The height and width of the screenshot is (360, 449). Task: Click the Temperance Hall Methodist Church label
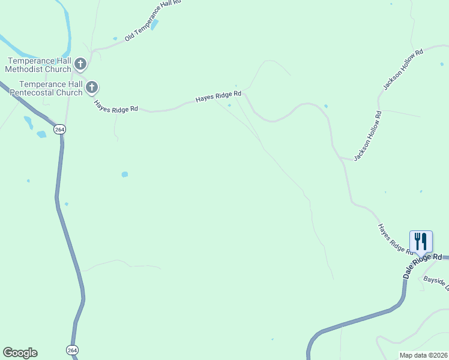[x=38, y=65]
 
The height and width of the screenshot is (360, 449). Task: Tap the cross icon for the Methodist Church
[x=80, y=64]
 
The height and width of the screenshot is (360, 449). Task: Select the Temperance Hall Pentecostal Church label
[x=50, y=89]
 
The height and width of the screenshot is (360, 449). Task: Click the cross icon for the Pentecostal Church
[x=92, y=88]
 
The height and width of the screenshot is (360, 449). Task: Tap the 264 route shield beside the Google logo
[x=72, y=350]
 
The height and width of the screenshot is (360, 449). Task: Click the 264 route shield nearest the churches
[x=59, y=130]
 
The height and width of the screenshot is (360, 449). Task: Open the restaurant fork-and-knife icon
[x=421, y=241]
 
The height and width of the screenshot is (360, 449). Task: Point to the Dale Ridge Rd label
[x=423, y=265]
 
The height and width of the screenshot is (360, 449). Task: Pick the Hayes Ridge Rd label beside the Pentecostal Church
[x=116, y=106]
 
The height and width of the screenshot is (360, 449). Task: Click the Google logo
[x=20, y=353]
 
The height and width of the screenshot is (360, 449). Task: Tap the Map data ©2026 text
[x=423, y=355]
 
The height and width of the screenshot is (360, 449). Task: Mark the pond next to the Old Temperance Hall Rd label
[x=155, y=25]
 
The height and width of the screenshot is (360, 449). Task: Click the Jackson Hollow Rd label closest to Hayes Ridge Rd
[x=367, y=136]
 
